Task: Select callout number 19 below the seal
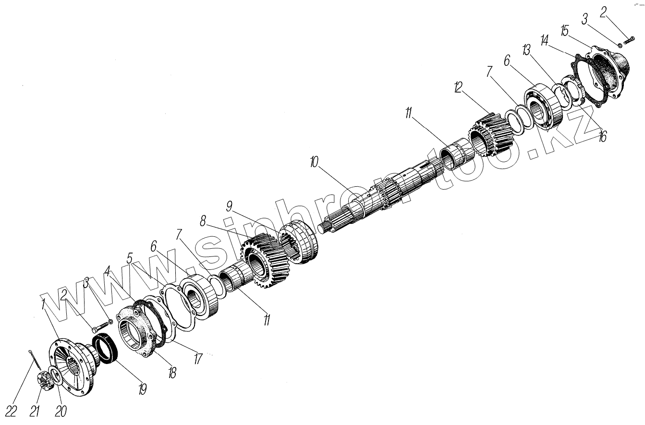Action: [142, 388]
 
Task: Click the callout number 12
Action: [458, 87]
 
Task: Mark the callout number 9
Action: [229, 207]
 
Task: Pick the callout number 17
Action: [197, 359]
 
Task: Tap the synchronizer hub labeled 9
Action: [298, 243]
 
